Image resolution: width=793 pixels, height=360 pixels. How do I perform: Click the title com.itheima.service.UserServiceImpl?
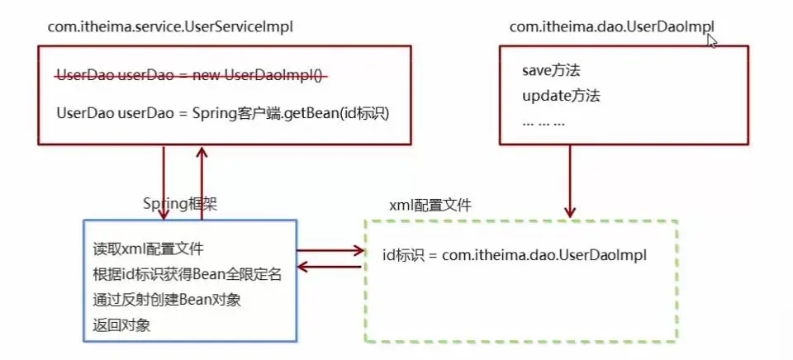pos(170,26)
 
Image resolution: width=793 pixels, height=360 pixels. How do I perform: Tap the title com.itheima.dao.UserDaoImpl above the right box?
pos(612,26)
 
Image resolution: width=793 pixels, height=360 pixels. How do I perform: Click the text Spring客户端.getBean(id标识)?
pos(291,113)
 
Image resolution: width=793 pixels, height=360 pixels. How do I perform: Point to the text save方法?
pos(551,70)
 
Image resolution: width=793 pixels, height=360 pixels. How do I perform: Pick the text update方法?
pos(561,96)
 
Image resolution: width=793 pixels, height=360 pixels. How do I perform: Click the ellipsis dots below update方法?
pos(544,123)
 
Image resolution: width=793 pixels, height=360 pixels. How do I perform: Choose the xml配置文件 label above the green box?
pos(430,206)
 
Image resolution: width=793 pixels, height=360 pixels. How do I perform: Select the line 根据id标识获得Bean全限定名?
pos(188,275)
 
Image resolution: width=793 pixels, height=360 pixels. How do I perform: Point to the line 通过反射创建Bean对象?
pos(167,300)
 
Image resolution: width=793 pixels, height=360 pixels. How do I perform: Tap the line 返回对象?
pos(121,325)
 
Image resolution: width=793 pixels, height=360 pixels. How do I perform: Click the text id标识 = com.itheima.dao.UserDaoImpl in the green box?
pos(515,255)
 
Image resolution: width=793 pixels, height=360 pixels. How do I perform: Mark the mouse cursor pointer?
pos(712,40)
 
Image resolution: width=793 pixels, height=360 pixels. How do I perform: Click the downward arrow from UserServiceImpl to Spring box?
pos(164,182)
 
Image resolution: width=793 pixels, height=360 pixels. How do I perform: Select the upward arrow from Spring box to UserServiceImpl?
pos(202,182)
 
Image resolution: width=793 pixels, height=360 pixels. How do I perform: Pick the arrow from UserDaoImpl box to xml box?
pos(570,182)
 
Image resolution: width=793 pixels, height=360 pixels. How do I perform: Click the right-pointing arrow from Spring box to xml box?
pos(330,250)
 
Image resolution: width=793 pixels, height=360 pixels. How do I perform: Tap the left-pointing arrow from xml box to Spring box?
pos(329,267)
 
